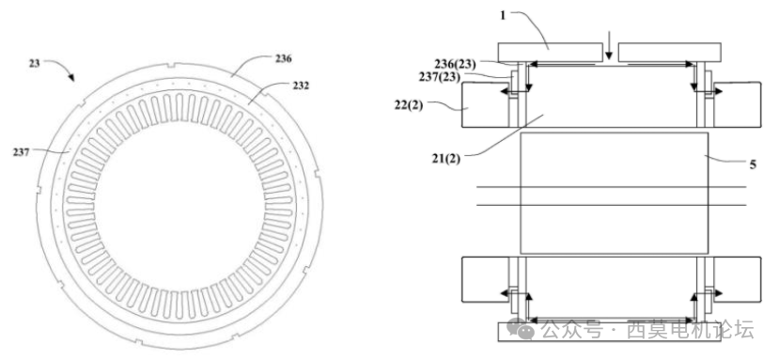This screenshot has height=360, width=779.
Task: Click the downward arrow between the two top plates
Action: click(611, 42)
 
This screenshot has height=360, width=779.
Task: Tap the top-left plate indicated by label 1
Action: click(551, 50)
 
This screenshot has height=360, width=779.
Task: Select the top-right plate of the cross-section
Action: click(670, 50)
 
